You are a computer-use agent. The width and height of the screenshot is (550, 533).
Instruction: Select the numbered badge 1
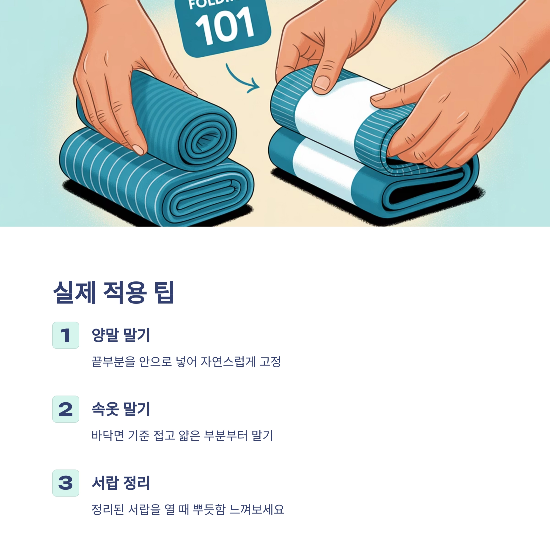(x=66, y=335)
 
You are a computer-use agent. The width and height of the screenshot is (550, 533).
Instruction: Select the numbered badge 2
(x=66, y=409)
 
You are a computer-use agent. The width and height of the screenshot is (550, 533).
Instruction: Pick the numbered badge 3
(x=66, y=483)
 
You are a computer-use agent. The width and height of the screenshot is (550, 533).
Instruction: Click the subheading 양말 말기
(x=121, y=335)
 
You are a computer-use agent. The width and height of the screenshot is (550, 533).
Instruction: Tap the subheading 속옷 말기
(x=121, y=409)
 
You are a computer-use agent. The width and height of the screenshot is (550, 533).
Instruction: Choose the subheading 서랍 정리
(x=121, y=483)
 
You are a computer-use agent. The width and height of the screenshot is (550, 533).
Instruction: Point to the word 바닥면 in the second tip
(x=108, y=435)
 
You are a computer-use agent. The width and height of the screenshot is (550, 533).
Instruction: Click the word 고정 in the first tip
(x=270, y=362)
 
